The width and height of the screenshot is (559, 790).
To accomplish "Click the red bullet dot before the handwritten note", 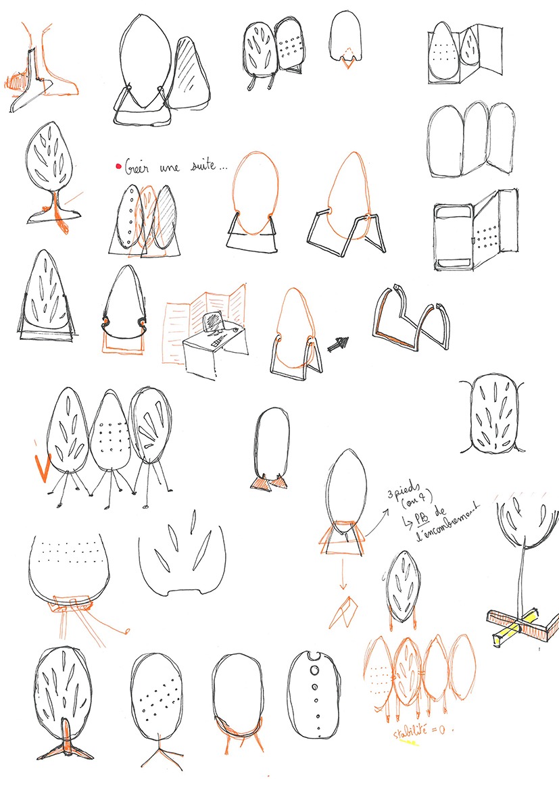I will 118,166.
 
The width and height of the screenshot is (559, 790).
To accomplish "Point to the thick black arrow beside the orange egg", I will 337,343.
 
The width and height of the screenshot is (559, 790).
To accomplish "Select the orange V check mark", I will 41,468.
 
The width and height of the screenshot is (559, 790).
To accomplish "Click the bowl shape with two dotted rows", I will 70,566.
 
